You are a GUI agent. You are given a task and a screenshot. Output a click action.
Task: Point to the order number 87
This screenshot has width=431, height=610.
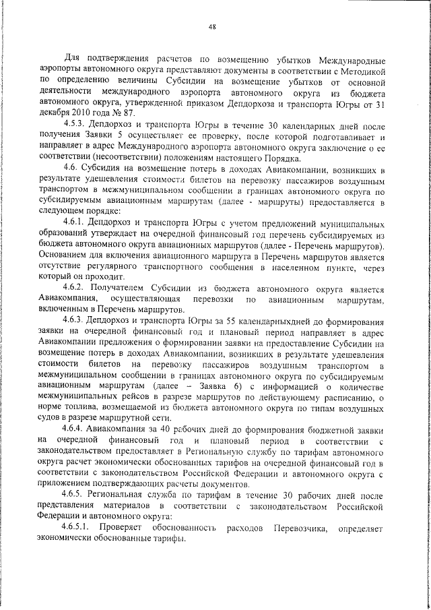coord(119,115)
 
